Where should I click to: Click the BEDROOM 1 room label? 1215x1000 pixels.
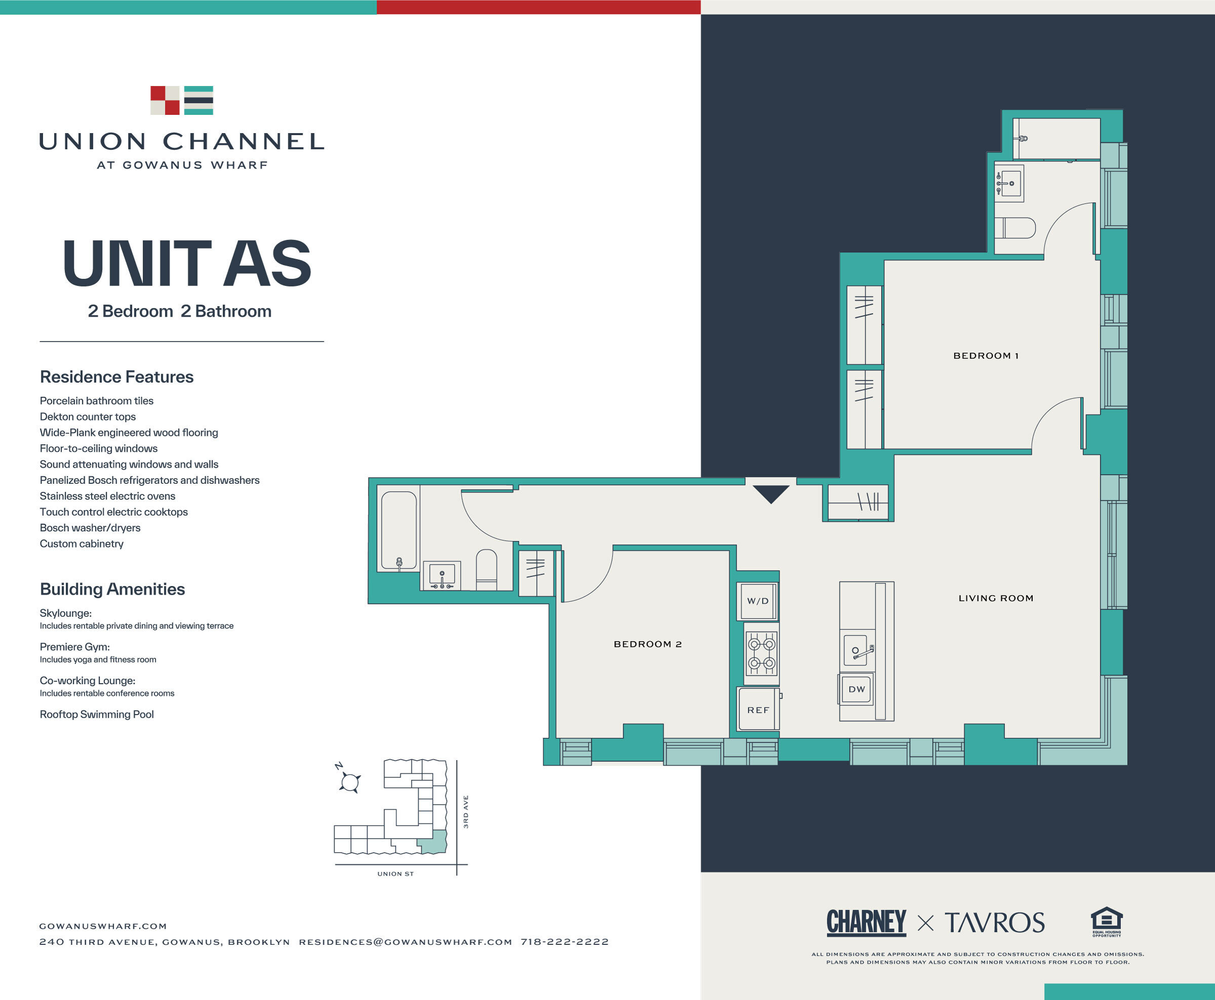point(986,355)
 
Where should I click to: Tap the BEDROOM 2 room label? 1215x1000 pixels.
point(647,644)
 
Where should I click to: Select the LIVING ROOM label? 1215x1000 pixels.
point(995,598)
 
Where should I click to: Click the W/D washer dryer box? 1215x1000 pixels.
point(757,601)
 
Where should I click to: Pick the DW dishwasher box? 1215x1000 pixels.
point(856,689)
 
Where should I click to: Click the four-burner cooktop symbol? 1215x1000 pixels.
point(761,653)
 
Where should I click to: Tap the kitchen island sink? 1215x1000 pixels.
point(856,650)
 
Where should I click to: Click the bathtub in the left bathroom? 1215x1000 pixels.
point(398,530)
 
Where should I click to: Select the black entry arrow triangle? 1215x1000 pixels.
point(771,493)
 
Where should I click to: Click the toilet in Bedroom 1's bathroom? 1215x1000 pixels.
point(1015,228)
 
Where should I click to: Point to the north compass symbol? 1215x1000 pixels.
point(349,781)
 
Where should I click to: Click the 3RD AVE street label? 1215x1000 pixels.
point(465,812)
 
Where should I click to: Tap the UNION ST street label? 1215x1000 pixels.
point(395,874)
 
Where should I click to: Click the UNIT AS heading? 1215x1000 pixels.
point(187,264)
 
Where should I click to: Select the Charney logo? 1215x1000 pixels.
point(866,922)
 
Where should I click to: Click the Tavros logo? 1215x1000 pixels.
point(994,923)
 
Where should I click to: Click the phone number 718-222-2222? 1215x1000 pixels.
point(564,942)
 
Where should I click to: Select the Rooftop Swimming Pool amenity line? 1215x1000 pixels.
point(97,714)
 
